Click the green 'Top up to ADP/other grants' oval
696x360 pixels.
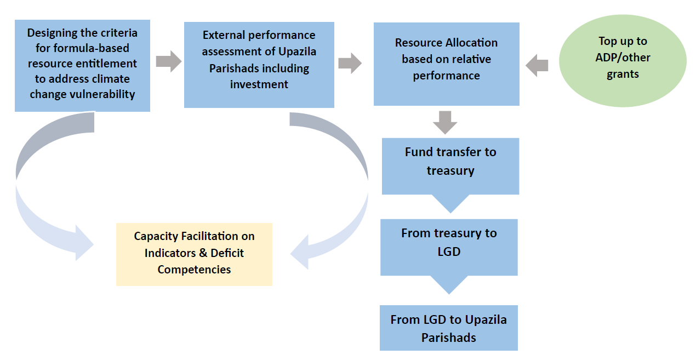[623, 60]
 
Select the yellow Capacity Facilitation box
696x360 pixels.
[194, 254]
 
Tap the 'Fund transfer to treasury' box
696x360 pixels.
[450, 165]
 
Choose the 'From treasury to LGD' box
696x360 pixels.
[449, 247]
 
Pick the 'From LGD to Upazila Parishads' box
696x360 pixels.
[449, 328]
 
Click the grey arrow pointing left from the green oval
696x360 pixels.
[537, 66]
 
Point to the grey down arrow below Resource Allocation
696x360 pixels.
[445, 122]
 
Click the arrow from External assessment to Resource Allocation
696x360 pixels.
[350, 63]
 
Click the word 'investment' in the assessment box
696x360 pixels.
[259, 84]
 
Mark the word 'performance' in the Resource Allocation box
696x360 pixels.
[446, 76]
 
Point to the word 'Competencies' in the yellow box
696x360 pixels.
[194, 270]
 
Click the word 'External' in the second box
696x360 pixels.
[224, 35]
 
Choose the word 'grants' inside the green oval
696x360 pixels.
[623, 74]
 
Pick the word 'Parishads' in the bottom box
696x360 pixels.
[449, 338]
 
